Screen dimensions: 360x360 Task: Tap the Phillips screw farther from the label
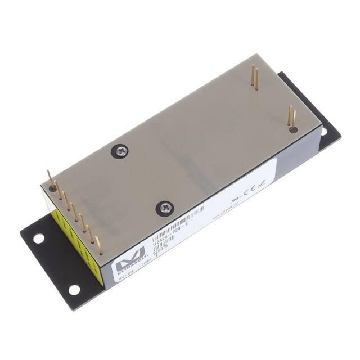pyautogui.click(x=121, y=150)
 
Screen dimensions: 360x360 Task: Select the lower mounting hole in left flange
pyautogui.click(x=74, y=290)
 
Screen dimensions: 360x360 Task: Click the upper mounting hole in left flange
pyautogui.click(x=38, y=238)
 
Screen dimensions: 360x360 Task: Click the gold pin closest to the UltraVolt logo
pyautogui.click(x=98, y=245)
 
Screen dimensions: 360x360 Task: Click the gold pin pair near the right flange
pyautogui.click(x=291, y=116)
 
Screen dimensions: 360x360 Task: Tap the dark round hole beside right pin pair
pyautogui.click(x=293, y=129)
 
